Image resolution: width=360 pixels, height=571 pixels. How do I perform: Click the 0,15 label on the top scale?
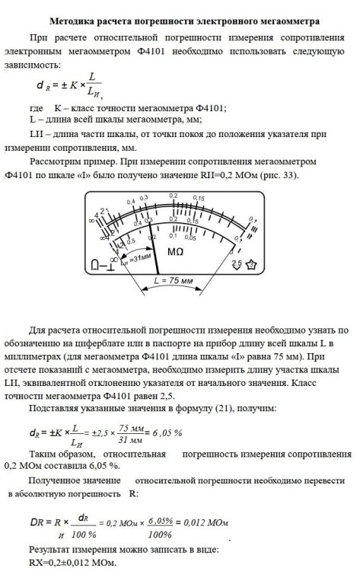pyautogui.click(x=199, y=199)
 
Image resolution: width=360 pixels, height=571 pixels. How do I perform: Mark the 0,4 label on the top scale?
pyautogui.click(x=132, y=201)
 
